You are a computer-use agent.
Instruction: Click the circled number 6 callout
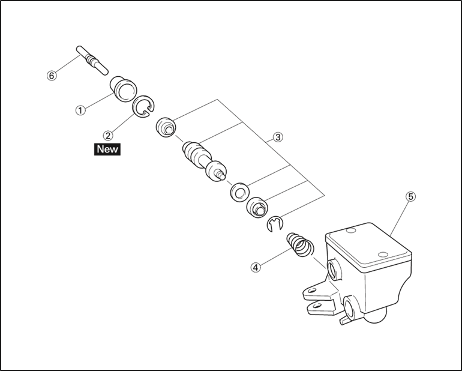tap(52, 76)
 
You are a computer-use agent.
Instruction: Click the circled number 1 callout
tap(80, 110)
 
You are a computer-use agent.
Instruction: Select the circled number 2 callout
tap(108, 136)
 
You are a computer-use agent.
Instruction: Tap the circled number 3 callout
tap(278, 137)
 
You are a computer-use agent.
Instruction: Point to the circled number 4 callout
tap(256, 268)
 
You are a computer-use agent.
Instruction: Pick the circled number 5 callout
tap(410, 197)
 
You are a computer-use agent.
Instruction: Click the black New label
tap(107, 149)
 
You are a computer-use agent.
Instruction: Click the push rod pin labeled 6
tap(92, 61)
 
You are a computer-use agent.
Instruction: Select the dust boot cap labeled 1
tap(124, 89)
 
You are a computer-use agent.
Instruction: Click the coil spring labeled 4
tap(300, 244)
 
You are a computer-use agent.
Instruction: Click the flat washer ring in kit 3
tap(239, 192)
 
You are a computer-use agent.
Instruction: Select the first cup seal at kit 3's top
tap(166, 127)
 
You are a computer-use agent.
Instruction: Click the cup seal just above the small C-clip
tap(257, 207)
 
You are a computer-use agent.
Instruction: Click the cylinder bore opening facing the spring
tap(335, 269)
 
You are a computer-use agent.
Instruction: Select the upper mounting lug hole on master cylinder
tap(311, 291)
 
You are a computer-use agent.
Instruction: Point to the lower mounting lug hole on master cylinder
tap(317, 305)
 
